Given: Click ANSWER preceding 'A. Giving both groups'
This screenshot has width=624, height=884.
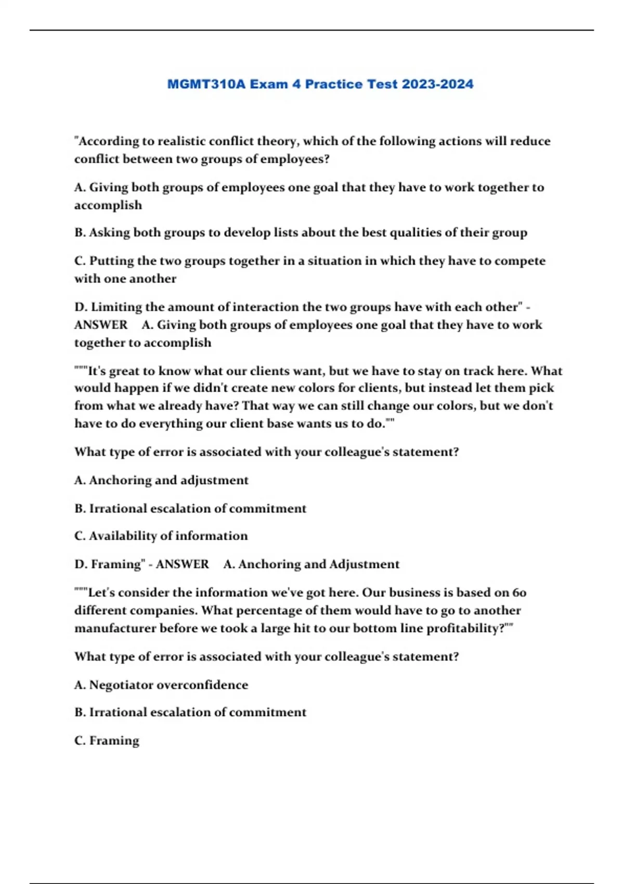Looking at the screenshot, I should click(101, 325).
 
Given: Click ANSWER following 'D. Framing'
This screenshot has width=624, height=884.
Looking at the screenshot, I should click(183, 564).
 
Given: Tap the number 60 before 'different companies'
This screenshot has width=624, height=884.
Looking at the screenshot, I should click(519, 593).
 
